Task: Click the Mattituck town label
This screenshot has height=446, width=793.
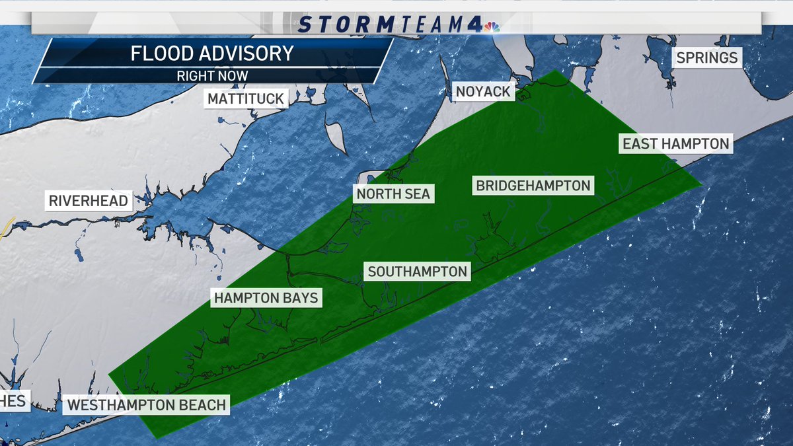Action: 245,99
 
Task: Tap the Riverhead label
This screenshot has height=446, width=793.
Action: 89,200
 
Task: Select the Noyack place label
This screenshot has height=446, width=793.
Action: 484,91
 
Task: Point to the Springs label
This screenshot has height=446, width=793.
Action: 706,57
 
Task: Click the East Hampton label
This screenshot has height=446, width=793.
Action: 676,143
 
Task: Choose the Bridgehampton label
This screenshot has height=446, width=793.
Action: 533,185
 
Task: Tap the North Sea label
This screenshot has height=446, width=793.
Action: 394,194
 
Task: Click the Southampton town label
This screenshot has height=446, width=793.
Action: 418,272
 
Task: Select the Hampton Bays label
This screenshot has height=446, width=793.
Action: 266,298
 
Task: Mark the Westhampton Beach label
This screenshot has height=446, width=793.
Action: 147,404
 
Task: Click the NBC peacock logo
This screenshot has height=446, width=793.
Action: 491,27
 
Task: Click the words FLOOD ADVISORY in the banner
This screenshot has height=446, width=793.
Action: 212,54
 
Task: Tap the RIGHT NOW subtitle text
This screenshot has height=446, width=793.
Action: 212,75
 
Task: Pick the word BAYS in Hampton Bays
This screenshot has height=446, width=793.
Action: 299,298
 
